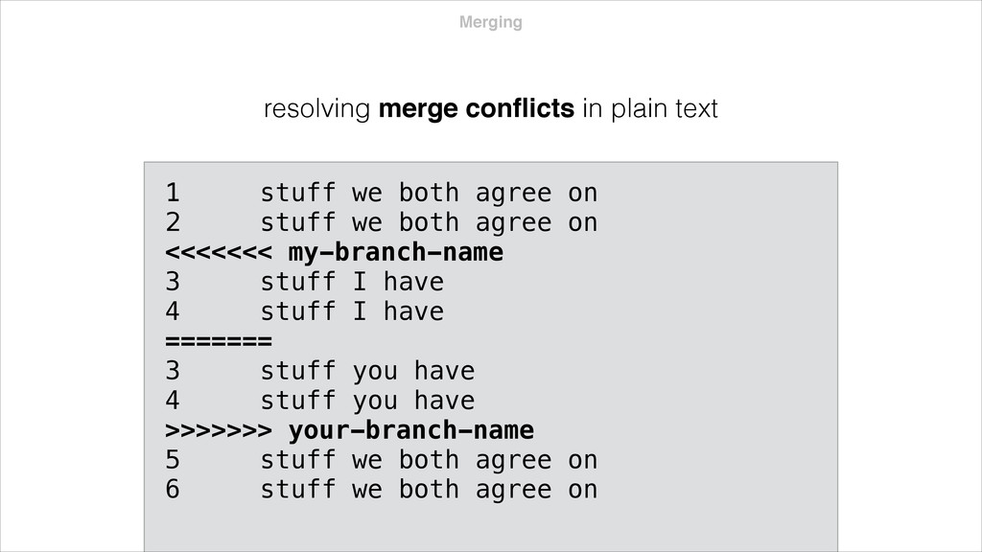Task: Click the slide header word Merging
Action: click(491, 22)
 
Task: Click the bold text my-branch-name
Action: click(395, 253)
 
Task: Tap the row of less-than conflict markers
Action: click(220, 253)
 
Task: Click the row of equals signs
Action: click(220, 341)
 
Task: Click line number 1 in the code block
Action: click(172, 194)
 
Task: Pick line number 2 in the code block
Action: click(172, 223)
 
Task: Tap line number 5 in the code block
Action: click(172, 460)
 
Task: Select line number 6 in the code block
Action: click(172, 490)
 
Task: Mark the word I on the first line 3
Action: click(358, 283)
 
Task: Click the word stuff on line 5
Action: click(298, 460)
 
